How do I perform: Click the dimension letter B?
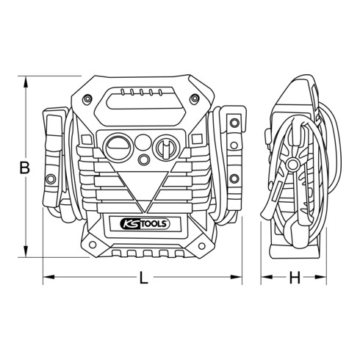tap(24, 168)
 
